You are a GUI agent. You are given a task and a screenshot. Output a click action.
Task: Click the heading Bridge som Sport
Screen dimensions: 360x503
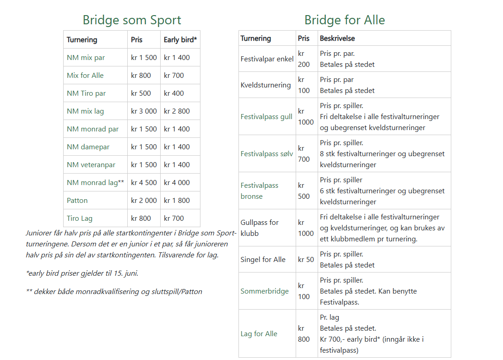pos(132,20)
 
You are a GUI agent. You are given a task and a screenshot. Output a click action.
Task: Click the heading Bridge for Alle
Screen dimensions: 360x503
pos(345,20)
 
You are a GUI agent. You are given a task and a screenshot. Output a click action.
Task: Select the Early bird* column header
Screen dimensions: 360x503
pos(180,40)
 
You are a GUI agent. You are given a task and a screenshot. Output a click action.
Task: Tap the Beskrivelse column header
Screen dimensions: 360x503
pos(337,38)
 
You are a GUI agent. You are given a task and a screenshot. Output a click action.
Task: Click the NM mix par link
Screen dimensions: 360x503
pos(86,58)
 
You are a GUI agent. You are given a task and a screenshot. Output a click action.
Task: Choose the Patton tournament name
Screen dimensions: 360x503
pos(77,201)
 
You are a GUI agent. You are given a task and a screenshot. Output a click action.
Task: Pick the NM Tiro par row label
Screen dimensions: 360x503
pos(87,93)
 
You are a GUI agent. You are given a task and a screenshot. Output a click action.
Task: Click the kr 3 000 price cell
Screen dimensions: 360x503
pos(144,111)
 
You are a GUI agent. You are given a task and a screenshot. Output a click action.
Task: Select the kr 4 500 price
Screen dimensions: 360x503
pos(144,183)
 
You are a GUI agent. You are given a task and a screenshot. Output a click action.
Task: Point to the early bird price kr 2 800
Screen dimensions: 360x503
pos(177,111)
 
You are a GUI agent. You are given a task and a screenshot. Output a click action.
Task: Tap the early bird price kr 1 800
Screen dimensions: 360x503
pos(177,201)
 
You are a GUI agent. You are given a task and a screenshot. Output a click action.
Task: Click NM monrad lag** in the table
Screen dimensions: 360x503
pos(96,183)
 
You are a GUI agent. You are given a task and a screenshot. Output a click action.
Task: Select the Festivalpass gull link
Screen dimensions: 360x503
pos(266,116)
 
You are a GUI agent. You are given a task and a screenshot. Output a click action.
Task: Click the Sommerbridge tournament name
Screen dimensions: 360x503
pos(265,291)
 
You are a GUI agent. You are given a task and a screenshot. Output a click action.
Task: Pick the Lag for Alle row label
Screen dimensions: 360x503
pos(259,334)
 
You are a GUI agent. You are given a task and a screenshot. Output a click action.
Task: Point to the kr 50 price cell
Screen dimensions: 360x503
pos(306,260)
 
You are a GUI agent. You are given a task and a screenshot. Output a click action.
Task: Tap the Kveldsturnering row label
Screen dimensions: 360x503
pos(265,85)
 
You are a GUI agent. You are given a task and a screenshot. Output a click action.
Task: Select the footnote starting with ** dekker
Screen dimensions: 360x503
pos(114,292)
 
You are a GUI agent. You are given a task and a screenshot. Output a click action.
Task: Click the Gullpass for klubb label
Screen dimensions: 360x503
pos(260,228)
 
